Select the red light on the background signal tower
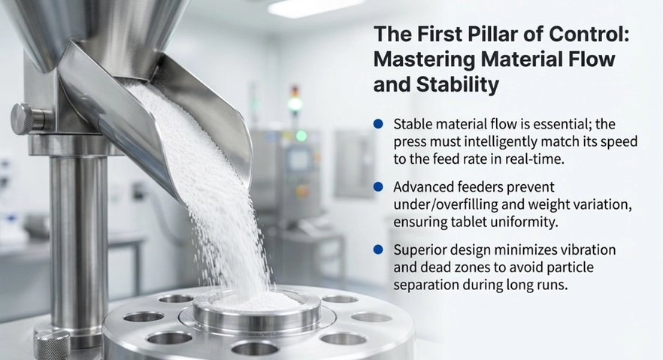[295, 91]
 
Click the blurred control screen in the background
[298, 160]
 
